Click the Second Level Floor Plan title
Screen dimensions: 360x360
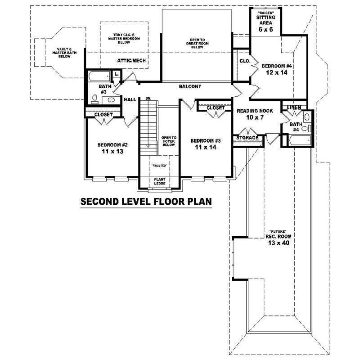pos(146,201)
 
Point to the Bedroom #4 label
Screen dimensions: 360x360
pos(277,69)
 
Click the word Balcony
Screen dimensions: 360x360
pos(189,86)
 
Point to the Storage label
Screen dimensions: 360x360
pos(247,138)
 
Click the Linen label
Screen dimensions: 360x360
pos(294,107)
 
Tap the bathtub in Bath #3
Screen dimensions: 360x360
pos(99,75)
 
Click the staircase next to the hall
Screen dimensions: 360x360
pos(147,124)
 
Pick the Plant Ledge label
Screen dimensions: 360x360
pos(160,181)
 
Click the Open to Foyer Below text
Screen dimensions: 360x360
pos(169,142)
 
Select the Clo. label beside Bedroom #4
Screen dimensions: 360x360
pos(244,61)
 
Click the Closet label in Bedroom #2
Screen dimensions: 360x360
pos(103,115)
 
